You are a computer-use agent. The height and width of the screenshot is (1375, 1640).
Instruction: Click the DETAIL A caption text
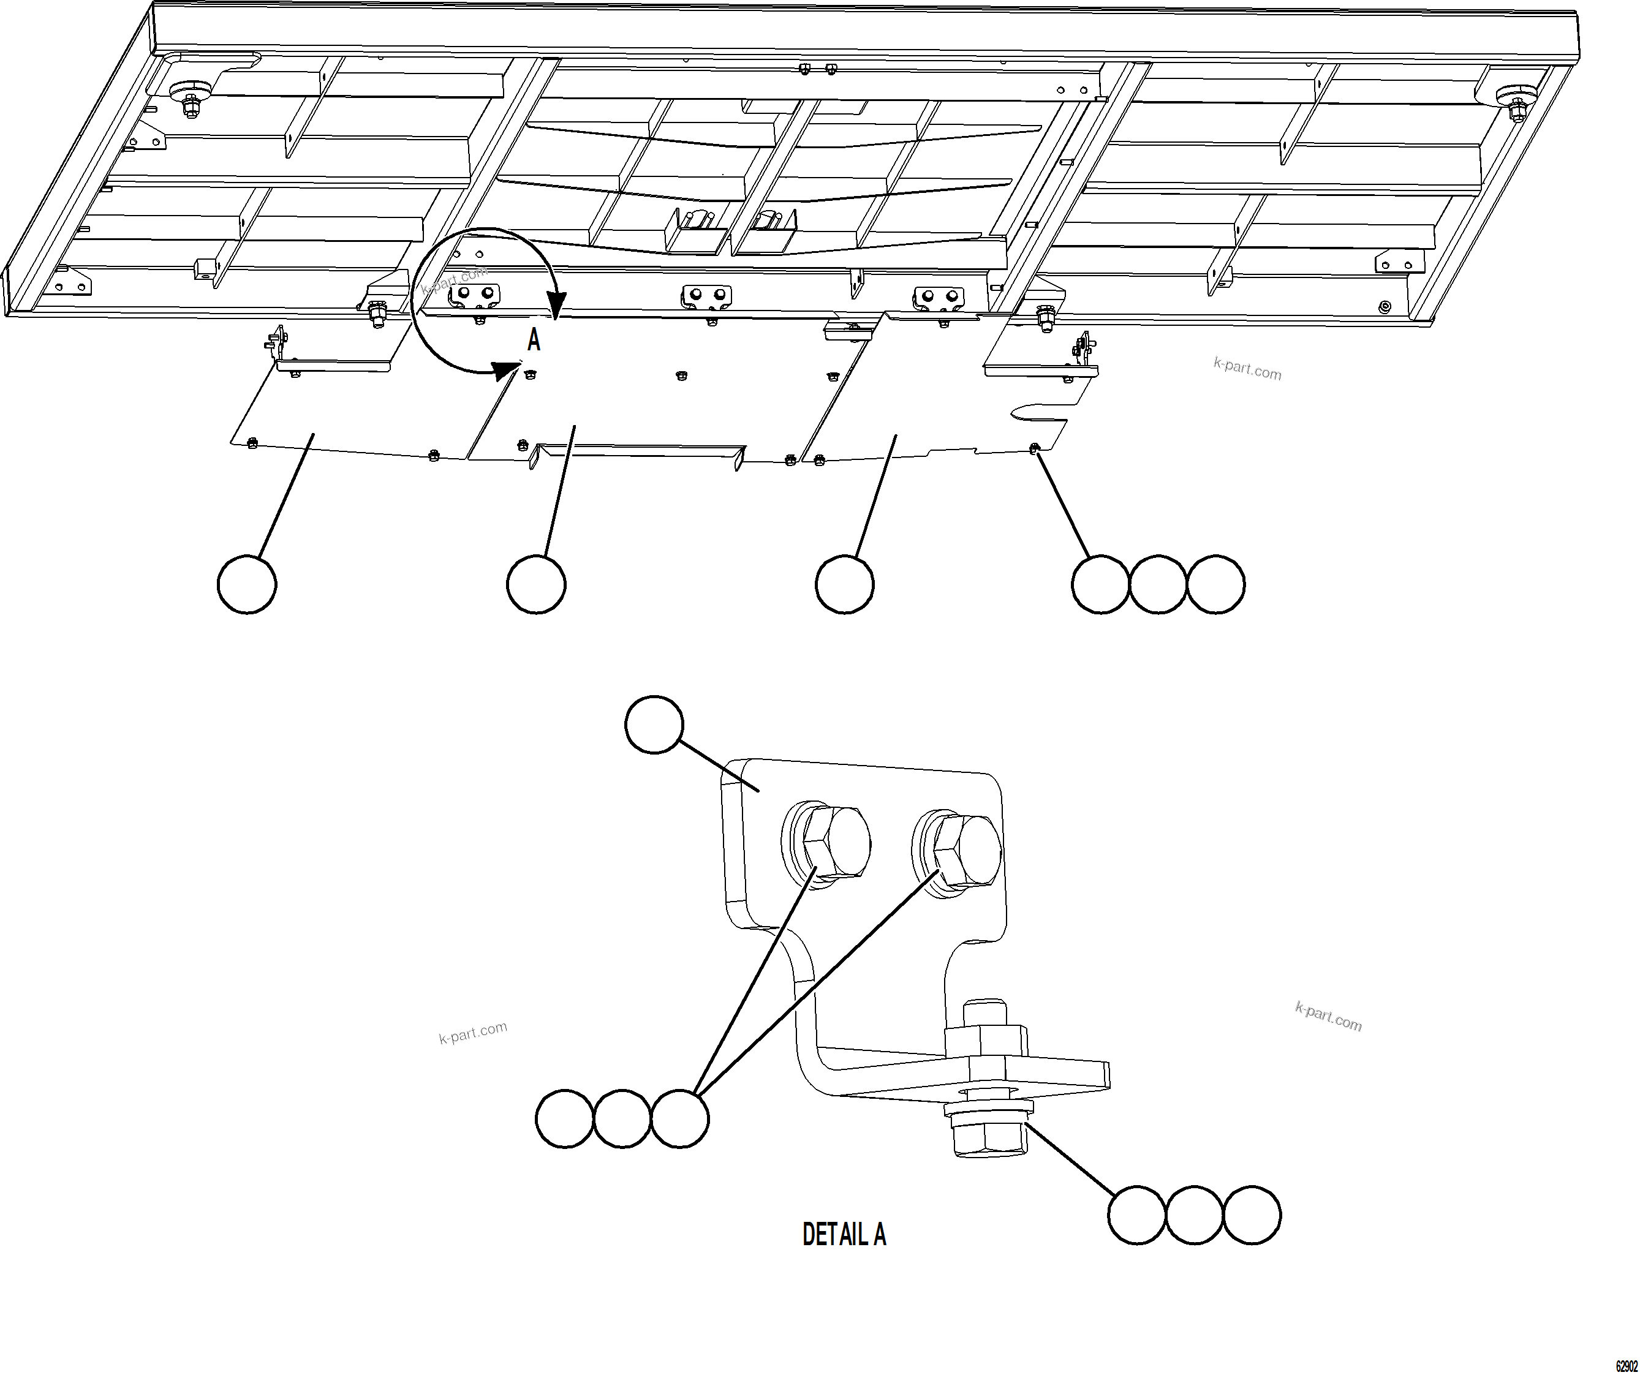click(844, 1235)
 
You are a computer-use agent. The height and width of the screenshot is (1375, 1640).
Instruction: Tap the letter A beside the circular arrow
click(534, 341)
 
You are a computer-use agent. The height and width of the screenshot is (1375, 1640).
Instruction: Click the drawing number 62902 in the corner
click(1626, 1366)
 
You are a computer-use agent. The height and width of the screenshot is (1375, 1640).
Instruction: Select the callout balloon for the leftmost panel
click(247, 584)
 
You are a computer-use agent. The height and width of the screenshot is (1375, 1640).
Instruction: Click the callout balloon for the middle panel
click(537, 584)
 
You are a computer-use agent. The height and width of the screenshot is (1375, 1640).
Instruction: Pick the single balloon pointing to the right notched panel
click(844, 584)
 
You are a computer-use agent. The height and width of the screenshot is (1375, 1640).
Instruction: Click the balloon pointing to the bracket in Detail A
click(654, 725)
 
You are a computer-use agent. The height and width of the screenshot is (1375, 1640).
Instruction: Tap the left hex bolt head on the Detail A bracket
click(833, 843)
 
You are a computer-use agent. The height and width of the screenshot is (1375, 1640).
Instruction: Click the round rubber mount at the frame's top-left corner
click(190, 91)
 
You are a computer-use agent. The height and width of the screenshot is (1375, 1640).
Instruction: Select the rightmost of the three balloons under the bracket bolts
click(679, 1119)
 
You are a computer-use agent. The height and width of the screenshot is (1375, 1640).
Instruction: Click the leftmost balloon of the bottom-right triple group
click(1137, 1215)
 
